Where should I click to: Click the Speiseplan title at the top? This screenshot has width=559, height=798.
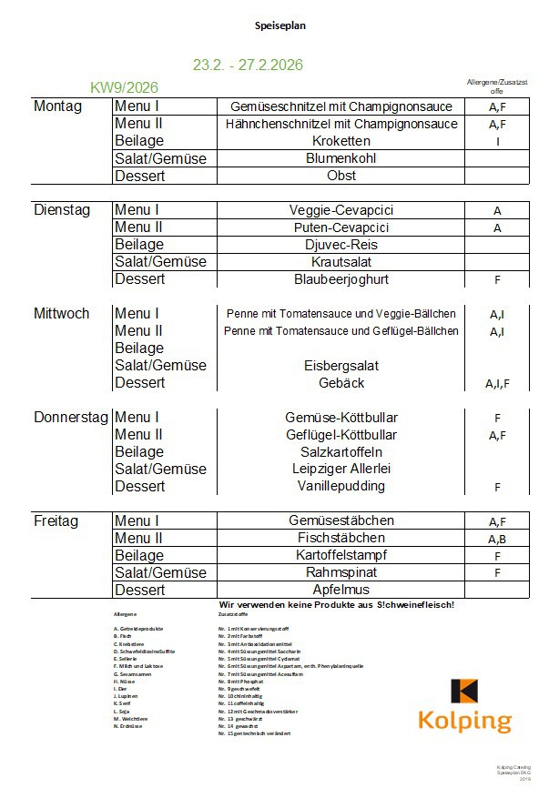(280, 26)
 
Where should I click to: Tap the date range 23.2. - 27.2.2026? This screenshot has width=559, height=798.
(248, 66)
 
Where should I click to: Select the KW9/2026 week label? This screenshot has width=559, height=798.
(125, 87)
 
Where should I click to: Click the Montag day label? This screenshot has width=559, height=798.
(57, 106)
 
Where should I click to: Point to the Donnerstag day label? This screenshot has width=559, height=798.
(71, 418)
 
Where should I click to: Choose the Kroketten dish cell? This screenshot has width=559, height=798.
(340, 141)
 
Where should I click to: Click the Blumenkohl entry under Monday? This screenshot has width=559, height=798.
(340, 158)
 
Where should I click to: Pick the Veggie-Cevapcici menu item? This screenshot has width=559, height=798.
(340, 210)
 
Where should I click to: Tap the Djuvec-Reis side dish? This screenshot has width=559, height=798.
(340, 245)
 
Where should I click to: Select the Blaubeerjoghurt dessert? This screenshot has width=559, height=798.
(340, 279)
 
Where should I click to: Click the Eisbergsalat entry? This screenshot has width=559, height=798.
(340, 366)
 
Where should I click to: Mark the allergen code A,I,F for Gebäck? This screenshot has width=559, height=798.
(497, 384)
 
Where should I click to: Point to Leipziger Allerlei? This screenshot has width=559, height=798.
(340, 470)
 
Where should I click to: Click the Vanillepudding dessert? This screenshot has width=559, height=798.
(340, 487)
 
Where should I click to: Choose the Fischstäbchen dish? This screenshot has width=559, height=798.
(340, 539)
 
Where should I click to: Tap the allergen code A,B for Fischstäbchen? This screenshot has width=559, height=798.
(497, 540)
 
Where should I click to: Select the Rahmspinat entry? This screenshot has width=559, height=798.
(340, 573)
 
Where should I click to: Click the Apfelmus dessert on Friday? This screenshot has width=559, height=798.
(340, 591)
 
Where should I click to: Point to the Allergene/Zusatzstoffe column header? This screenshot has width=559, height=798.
(497, 86)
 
